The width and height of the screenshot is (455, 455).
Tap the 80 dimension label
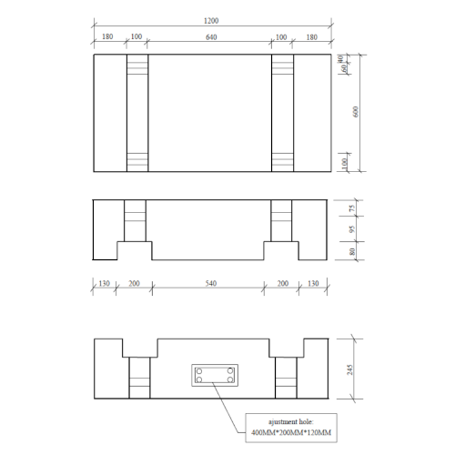[350, 252]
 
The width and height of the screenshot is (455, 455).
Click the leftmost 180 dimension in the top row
[108, 37]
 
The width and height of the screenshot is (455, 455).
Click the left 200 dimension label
[135, 283]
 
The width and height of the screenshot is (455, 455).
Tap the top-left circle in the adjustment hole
[199, 370]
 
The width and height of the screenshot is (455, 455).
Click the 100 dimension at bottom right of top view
[343, 161]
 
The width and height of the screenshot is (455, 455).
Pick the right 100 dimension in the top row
[282, 37]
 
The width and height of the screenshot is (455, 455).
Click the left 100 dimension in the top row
[136, 37]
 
